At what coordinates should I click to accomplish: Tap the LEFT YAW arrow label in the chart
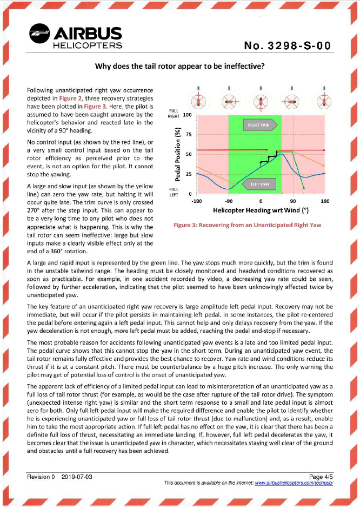259,184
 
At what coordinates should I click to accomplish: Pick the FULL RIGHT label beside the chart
173,114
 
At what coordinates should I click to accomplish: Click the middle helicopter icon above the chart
261,101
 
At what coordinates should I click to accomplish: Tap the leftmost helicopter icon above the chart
198,101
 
